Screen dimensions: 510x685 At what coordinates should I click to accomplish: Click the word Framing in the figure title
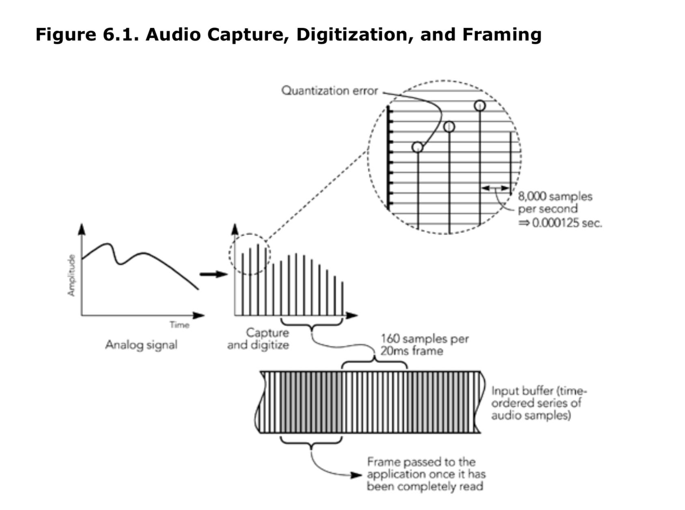(502, 35)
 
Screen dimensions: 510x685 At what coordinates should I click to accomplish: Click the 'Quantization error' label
(330, 91)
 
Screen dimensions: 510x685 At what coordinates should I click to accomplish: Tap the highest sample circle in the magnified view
(480, 106)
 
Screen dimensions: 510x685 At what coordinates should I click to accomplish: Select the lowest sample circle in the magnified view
(417, 147)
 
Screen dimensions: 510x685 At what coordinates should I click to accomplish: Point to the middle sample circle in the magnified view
(449, 127)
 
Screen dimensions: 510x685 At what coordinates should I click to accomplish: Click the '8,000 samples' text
(555, 197)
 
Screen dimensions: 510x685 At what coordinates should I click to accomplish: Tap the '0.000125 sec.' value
(567, 223)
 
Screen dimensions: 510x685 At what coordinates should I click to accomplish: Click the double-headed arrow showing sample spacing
(495, 188)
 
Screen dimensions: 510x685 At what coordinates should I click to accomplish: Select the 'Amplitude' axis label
(71, 275)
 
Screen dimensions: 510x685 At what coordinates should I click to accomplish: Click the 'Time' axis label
(179, 325)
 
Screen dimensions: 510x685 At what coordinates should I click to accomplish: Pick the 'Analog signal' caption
(141, 345)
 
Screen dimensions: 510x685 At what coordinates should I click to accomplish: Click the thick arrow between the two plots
(213, 274)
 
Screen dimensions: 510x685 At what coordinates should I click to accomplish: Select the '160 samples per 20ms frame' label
(424, 345)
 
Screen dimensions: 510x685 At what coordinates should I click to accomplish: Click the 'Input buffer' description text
(539, 403)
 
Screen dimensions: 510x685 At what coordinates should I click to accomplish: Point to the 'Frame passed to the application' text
(426, 474)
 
